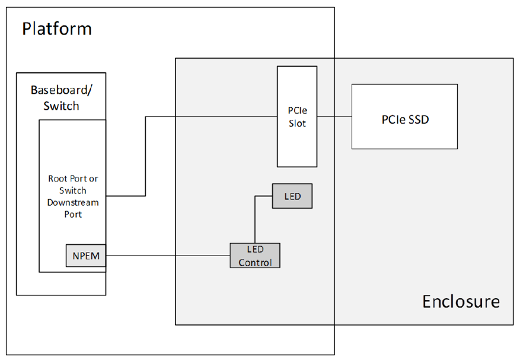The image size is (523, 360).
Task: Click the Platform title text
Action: click(57, 28)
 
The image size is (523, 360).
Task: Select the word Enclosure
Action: click(461, 301)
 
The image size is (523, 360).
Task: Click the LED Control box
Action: click(254, 255)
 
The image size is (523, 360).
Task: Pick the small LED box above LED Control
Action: click(292, 196)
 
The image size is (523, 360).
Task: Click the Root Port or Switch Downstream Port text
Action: click(73, 196)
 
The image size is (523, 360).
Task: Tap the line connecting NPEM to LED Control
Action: click(166, 256)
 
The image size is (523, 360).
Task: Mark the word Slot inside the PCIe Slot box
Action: click(297, 123)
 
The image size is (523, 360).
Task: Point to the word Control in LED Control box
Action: click(255, 262)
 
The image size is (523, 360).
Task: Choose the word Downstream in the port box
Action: click(73, 202)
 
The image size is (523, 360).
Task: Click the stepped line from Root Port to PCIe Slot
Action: click(146, 154)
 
